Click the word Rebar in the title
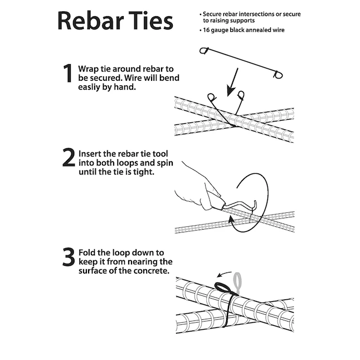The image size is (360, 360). [90, 21]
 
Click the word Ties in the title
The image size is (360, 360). [150, 21]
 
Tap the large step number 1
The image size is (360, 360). [68, 73]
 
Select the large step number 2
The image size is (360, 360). [69, 157]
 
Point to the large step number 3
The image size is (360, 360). [69, 257]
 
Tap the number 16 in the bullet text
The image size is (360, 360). [206, 30]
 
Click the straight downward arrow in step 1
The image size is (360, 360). [232, 82]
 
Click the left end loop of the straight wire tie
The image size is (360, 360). [203, 50]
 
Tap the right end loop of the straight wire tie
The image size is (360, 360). [278, 75]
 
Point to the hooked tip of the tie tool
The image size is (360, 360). [255, 203]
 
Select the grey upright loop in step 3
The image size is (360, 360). [237, 283]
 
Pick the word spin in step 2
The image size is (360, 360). [165, 163]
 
